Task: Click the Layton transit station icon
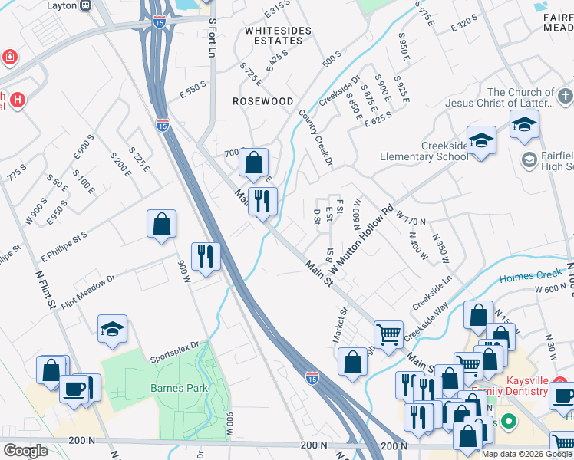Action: tap(85, 5)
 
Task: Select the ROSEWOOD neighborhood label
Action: tap(264, 101)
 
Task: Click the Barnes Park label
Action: tap(179, 388)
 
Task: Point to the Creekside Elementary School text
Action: tap(424, 151)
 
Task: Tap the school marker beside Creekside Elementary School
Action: tap(481, 141)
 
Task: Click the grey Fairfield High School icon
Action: tap(528, 159)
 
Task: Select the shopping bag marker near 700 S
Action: tap(253, 163)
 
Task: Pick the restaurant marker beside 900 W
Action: tap(205, 256)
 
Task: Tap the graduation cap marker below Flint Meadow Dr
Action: tap(113, 330)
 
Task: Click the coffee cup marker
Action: tap(75, 389)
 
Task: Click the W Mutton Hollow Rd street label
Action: tap(361, 240)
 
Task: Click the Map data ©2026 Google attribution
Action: tap(526, 454)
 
